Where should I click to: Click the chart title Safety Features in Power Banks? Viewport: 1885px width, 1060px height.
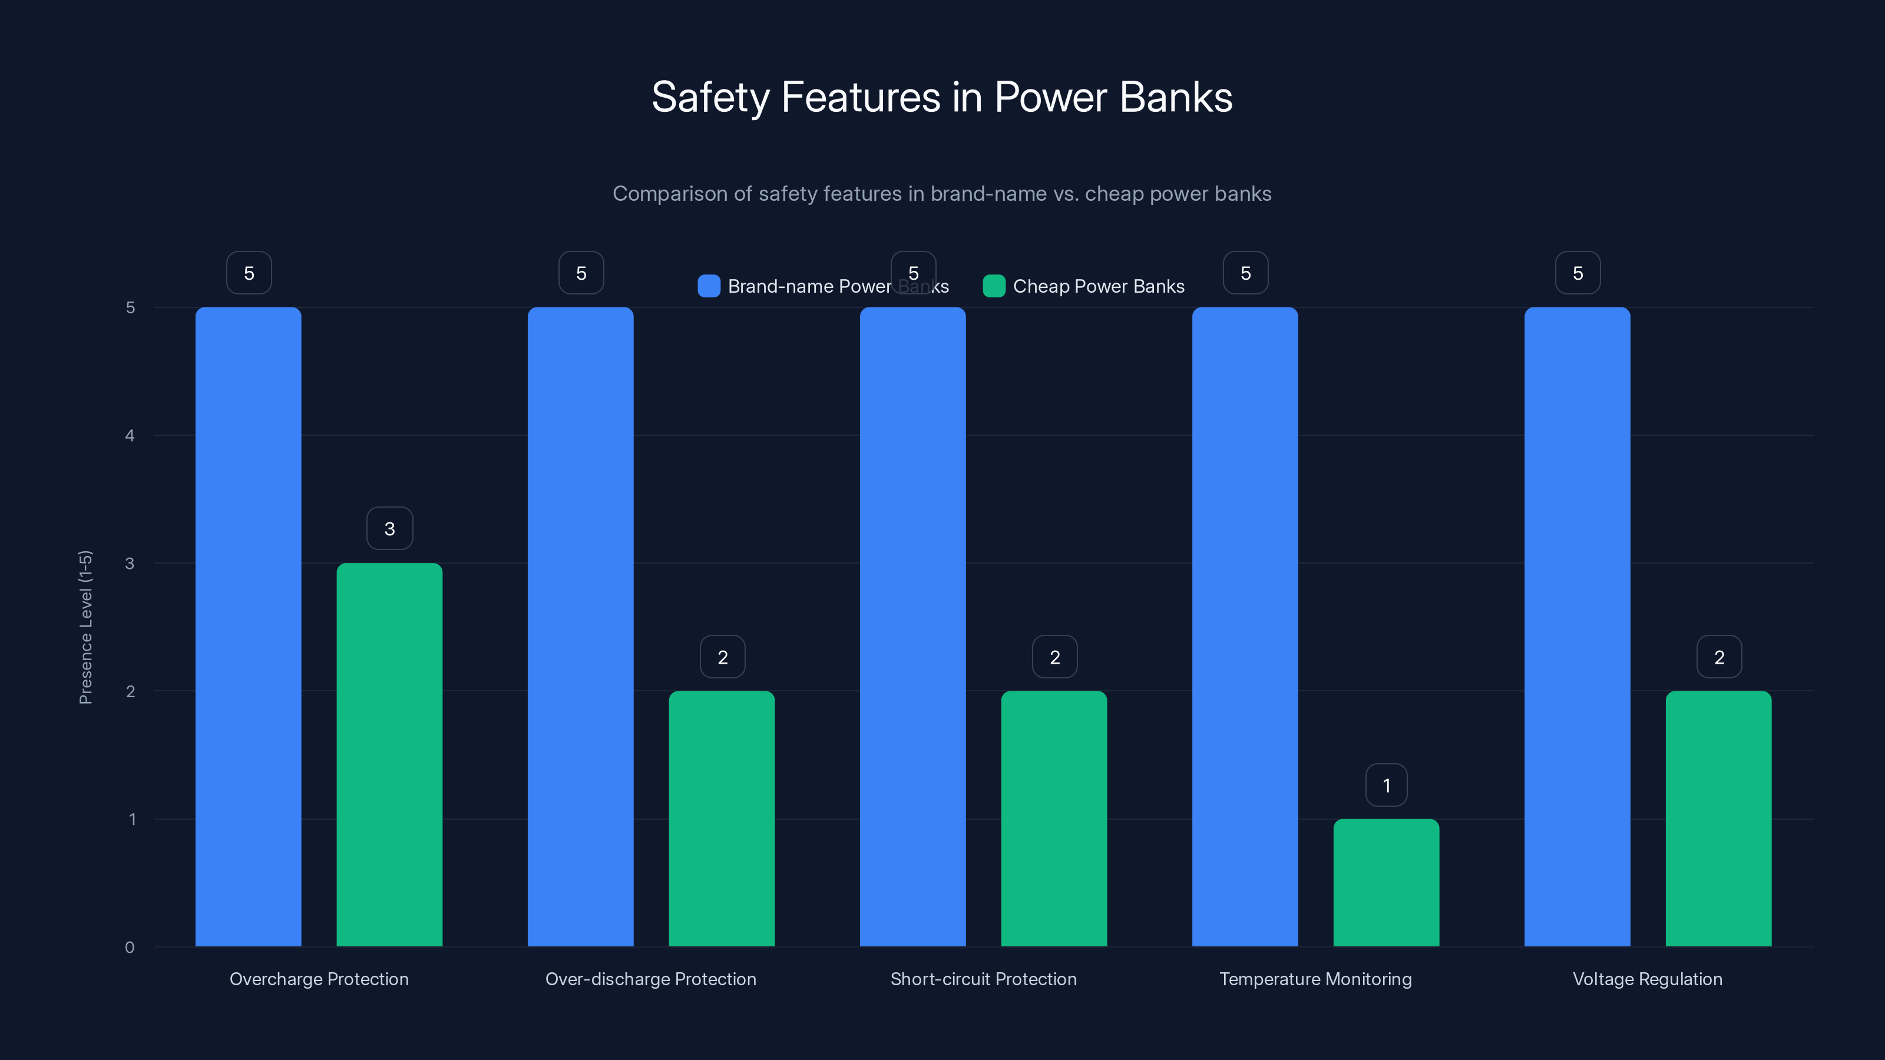(942, 97)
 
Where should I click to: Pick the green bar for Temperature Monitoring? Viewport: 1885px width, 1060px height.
(1386, 882)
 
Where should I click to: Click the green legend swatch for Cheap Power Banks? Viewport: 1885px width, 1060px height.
(994, 286)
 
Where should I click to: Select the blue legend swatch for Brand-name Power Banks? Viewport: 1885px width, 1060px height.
(708, 286)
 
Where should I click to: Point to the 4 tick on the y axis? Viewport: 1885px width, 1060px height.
(130, 436)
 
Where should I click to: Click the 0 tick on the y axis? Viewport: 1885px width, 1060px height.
(130, 948)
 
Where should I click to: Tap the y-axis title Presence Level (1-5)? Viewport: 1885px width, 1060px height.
(85, 627)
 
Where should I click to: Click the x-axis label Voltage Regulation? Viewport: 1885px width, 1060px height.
(1647, 979)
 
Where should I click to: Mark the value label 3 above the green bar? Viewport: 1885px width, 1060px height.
(389, 528)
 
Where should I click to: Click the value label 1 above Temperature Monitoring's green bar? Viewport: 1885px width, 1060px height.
(1386, 785)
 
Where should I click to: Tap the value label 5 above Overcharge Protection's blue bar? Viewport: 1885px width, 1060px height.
(249, 273)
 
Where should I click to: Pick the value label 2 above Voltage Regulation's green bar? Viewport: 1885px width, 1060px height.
(1719, 657)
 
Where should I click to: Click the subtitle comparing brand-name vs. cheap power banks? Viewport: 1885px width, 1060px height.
(942, 194)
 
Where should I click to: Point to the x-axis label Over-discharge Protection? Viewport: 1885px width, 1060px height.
(650, 979)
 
